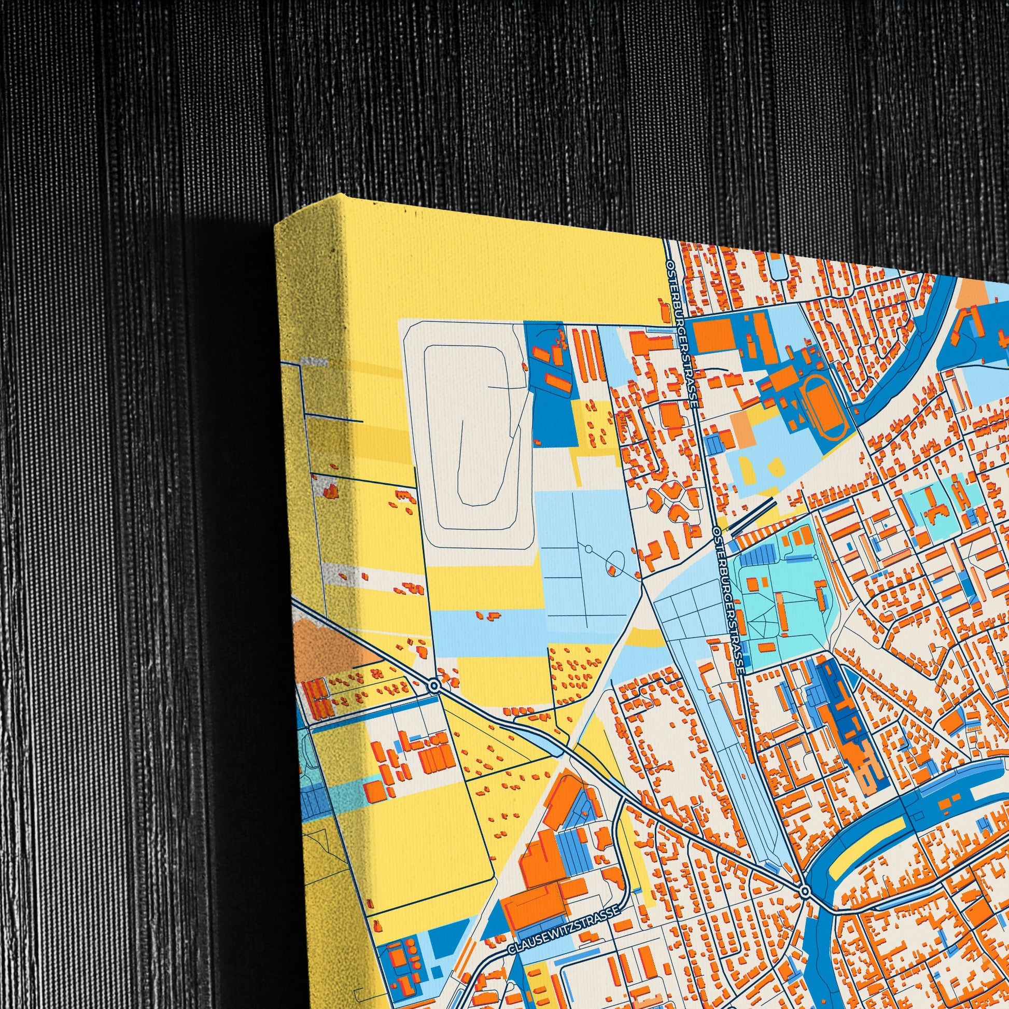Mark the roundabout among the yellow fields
pos(433,684)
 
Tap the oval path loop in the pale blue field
pos(617,559)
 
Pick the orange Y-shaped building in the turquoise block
pos(935,504)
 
